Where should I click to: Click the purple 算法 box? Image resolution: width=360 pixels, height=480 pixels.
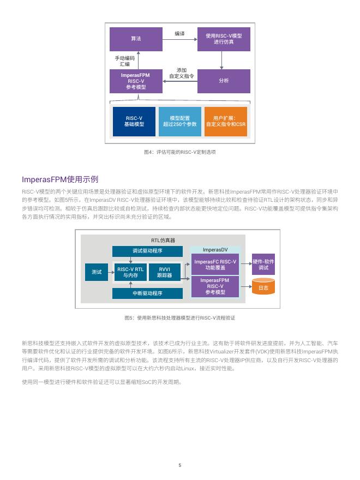136,39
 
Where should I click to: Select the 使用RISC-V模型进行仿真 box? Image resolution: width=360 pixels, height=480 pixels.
224,39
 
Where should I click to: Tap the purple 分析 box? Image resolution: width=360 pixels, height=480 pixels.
224,81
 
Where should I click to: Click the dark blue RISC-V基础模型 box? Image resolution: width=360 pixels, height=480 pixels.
134,121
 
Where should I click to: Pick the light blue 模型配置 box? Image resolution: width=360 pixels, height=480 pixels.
180,121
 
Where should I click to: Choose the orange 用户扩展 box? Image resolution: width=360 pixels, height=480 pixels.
226,121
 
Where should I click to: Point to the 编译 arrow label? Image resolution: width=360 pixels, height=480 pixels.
179,34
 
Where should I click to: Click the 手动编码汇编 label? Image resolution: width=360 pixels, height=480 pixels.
124,61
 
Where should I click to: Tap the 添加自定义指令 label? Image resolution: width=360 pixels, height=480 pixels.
182,73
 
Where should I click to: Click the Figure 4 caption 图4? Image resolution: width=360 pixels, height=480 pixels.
180,152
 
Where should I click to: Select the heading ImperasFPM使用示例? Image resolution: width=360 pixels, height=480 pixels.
60,179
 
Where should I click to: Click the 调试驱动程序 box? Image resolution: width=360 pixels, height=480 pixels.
148,251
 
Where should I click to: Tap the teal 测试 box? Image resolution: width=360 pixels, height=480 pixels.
97,272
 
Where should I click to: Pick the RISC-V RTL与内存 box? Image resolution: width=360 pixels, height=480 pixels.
130,272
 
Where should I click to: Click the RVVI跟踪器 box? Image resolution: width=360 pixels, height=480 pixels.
165,272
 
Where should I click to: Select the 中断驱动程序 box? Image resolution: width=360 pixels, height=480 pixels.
148,293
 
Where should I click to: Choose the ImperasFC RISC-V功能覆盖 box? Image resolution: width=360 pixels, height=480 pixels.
215,265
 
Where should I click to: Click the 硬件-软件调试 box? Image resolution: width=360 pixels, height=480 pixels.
263,265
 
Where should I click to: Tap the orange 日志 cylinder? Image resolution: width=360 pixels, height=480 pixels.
263,286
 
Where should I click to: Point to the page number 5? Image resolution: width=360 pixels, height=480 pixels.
179,465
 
